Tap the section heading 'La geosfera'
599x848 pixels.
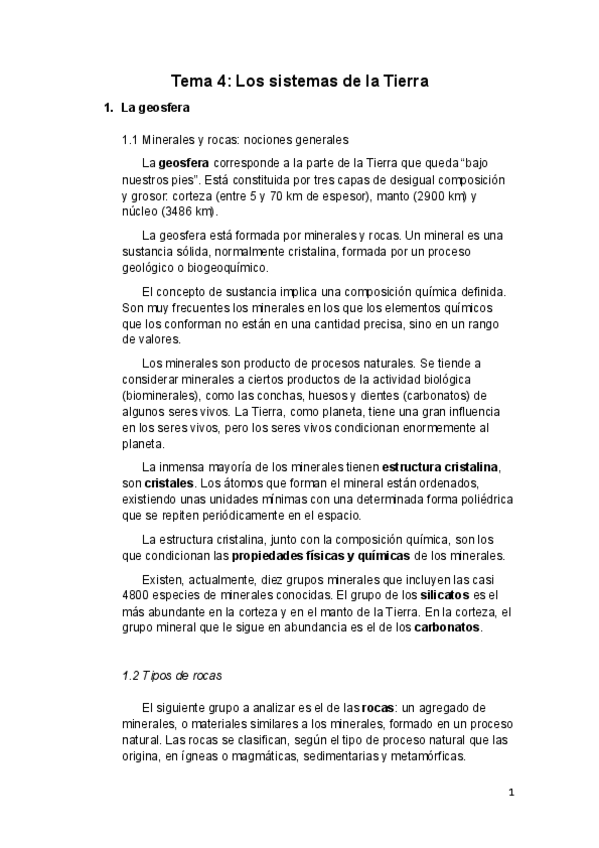[x=148, y=107]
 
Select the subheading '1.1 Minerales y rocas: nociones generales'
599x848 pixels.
[x=234, y=140]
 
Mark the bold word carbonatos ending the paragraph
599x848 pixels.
[x=447, y=628]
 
